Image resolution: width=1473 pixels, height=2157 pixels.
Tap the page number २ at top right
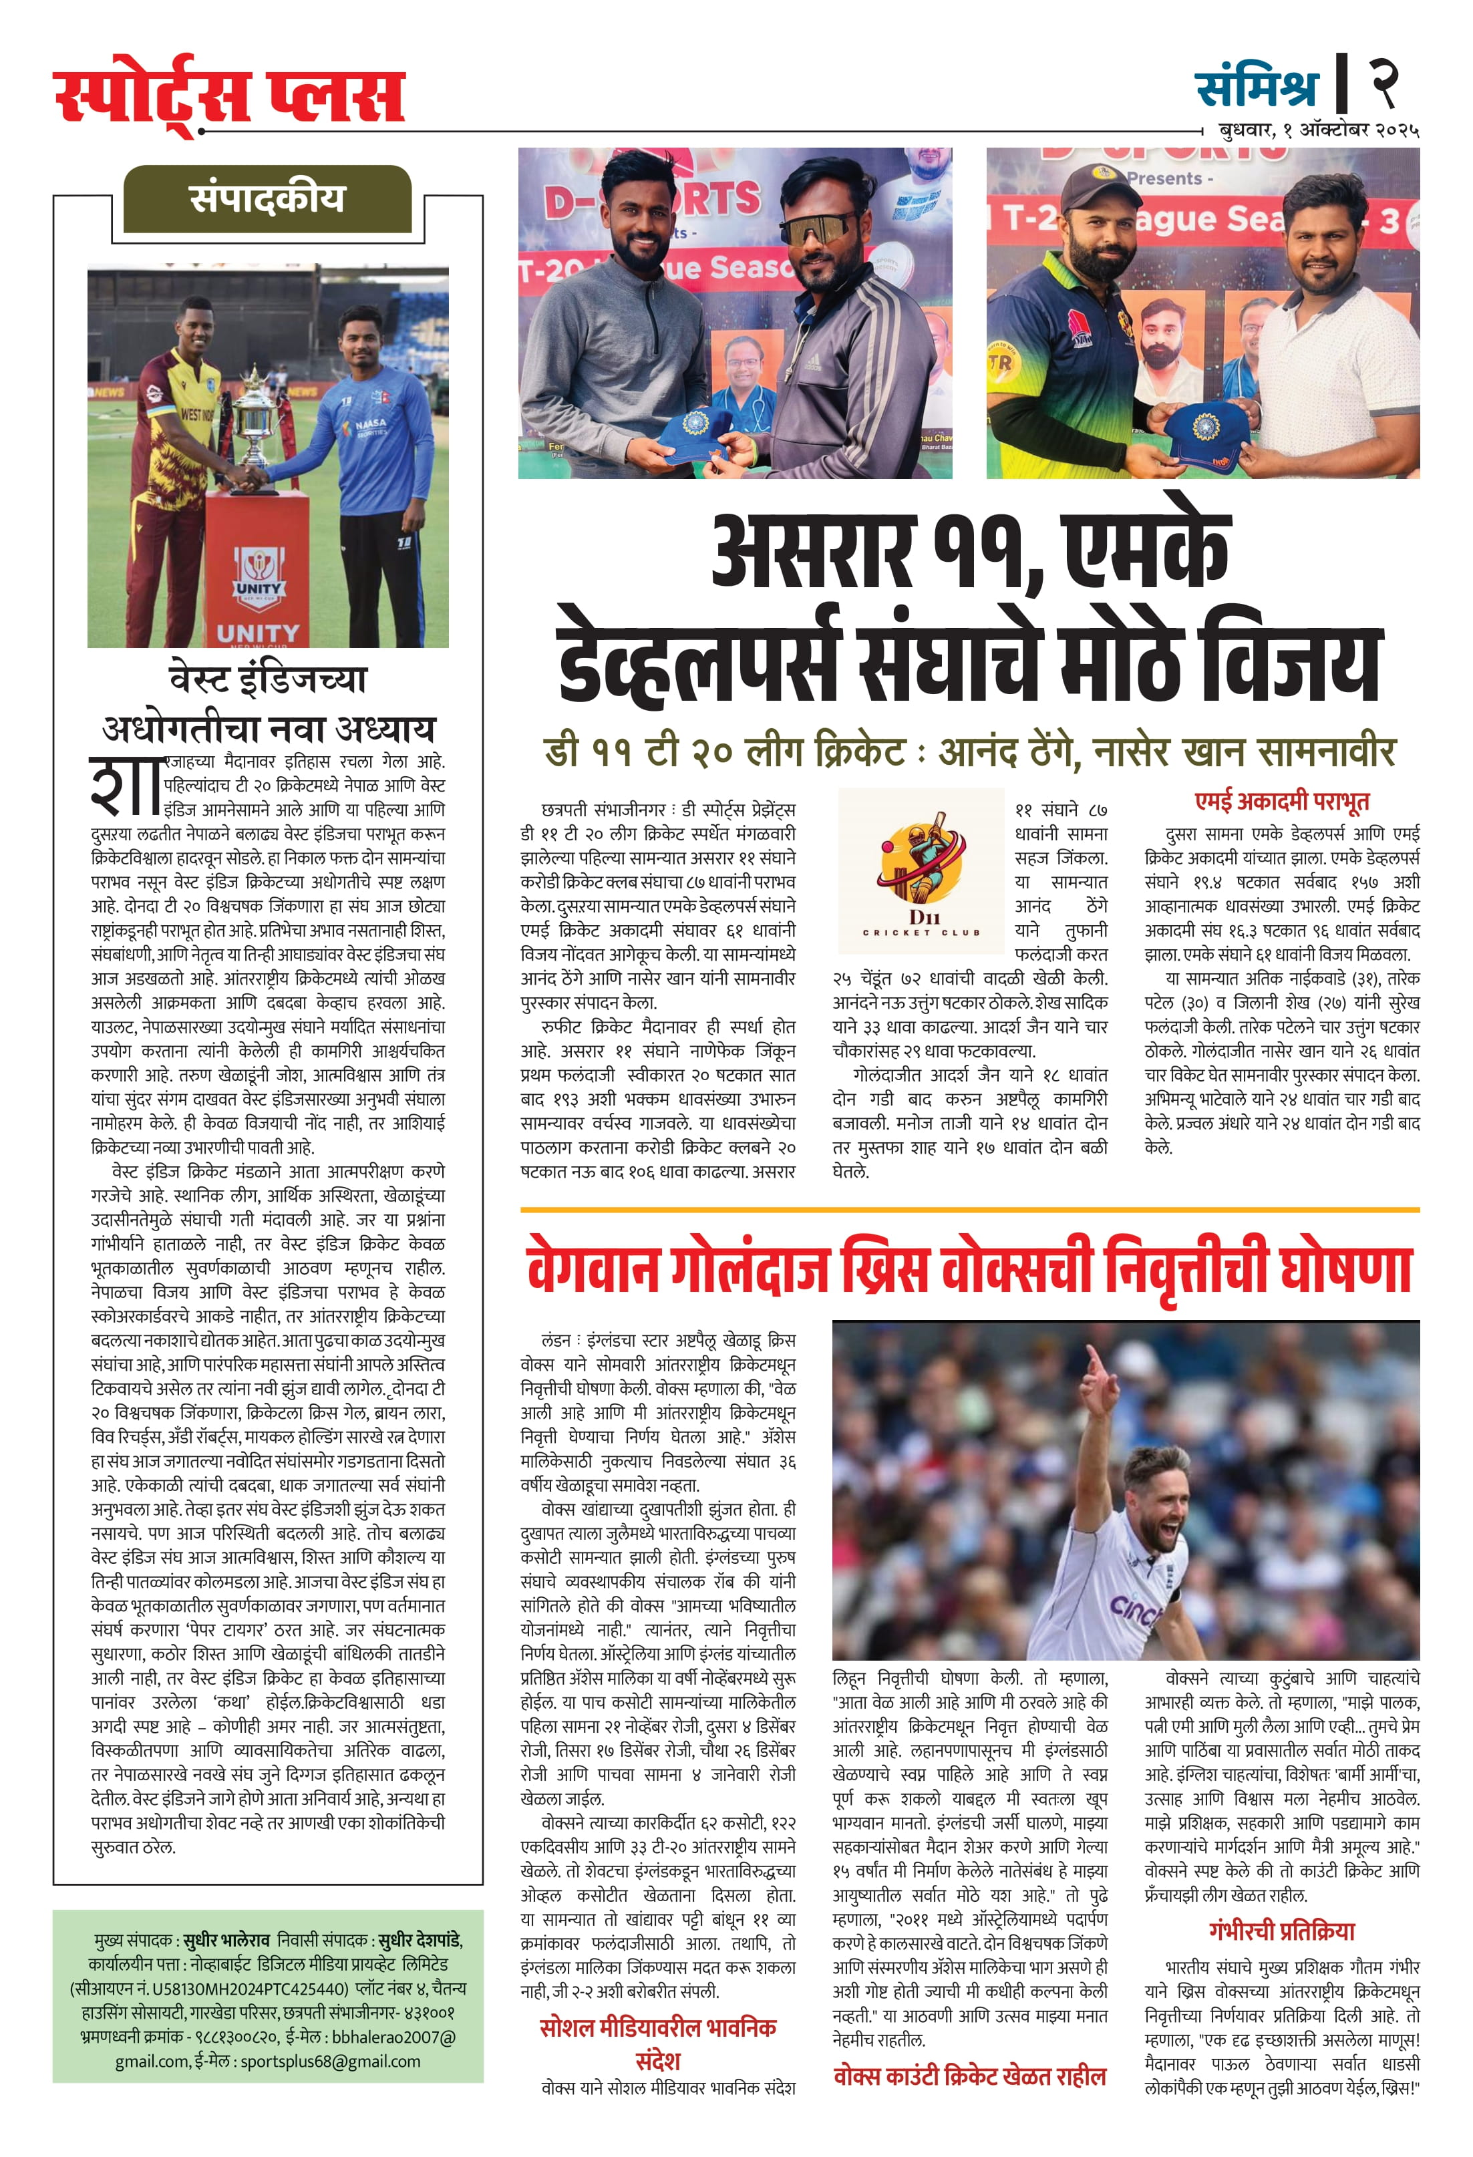tap(1385, 84)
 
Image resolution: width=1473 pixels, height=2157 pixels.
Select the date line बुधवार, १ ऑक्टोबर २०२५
tap(1318, 131)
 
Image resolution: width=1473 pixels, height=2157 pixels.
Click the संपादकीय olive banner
tap(267, 198)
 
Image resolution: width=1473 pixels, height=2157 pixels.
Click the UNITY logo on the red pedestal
tap(258, 574)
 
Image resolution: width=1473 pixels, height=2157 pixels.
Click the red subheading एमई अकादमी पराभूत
tap(1281, 801)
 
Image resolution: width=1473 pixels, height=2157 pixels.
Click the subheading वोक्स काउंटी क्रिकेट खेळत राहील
tap(969, 2076)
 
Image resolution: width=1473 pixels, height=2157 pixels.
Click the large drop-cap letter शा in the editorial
tap(124, 784)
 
